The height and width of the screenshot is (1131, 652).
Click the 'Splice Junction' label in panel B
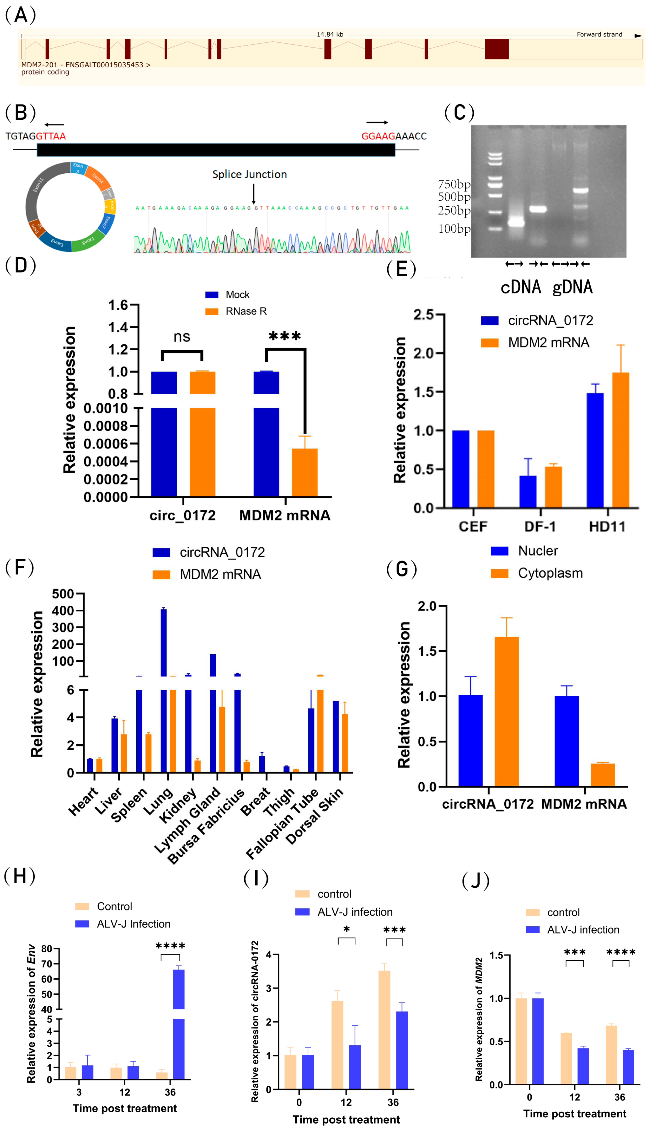click(249, 174)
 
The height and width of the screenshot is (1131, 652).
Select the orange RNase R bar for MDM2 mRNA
click(305, 472)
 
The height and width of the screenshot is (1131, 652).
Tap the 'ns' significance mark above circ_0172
click(182, 337)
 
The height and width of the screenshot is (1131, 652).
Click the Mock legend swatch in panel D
click(212, 295)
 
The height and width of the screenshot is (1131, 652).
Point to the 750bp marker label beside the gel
click(454, 184)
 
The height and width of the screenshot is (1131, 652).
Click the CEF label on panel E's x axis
click(473, 526)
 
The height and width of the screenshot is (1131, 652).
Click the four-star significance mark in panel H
click(170, 946)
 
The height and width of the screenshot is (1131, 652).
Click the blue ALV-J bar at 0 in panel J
click(538, 1041)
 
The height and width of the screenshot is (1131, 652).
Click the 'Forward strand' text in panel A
click(599, 34)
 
